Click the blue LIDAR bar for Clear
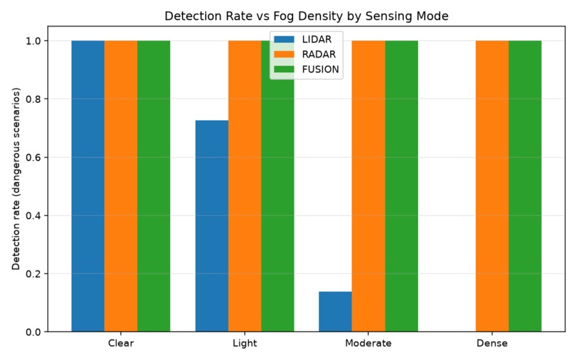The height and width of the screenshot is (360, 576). pyautogui.click(x=88, y=186)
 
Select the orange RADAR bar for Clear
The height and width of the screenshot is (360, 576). pyautogui.click(x=121, y=186)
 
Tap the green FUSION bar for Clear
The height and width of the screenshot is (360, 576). pyautogui.click(x=154, y=186)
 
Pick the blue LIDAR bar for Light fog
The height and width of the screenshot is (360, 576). pyautogui.click(x=212, y=226)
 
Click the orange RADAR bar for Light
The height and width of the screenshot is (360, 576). pyautogui.click(x=244, y=186)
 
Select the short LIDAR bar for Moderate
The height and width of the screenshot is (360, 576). pyautogui.click(x=335, y=311)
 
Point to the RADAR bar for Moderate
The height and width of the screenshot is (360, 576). pyautogui.click(x=369, y=186)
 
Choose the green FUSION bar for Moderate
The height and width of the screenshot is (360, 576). pyautogui.click(x=402, y=186)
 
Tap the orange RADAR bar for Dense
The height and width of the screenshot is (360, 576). pyautogui.click(x=492, y=186)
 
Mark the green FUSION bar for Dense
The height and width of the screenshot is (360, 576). pyautogui.click(x=525, y=186)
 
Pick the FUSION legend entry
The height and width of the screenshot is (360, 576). pyautogui.click(x=307, y=69)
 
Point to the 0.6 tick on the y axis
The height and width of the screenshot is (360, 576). pyautogui.click(x=34, y=157)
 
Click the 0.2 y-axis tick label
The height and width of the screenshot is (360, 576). pyautogui.click(x=34, y=274)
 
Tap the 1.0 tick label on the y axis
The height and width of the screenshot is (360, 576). pyautogui.click(x=34, y=41)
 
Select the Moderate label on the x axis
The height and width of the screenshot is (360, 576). pyautogui.click(x=369, y=343)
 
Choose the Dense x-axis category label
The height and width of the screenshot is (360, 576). pyautogui.click(x=492, y=343)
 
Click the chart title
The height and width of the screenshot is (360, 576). pyautogui.click(x=307, y=16)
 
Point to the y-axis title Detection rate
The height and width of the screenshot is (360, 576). pyautogui.click(x=16, y=179)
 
